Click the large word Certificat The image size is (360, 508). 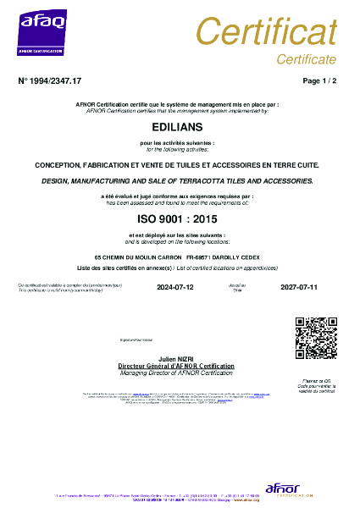[267, 31]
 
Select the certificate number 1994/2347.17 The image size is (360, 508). [50, 80]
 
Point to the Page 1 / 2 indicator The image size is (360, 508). [319, 80]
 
